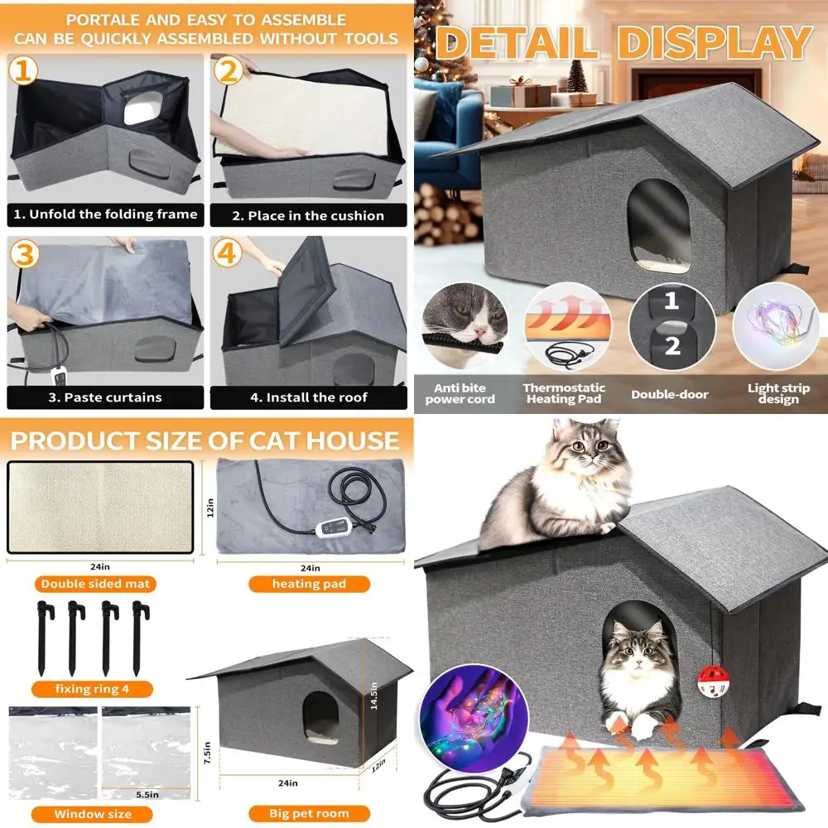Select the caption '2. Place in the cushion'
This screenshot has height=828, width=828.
tap(307, 215)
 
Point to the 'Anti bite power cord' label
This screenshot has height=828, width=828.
tap(460, 394)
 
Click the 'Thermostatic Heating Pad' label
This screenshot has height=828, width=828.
tap(564, 393)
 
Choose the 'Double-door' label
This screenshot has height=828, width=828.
tap(669, 394)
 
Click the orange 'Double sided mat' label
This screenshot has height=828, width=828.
tap(95, 584)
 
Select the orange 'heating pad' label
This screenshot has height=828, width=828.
tap(309, 584)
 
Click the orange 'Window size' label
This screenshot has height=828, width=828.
tap(92, 814)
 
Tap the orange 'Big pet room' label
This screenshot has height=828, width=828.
tap(309, 813)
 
